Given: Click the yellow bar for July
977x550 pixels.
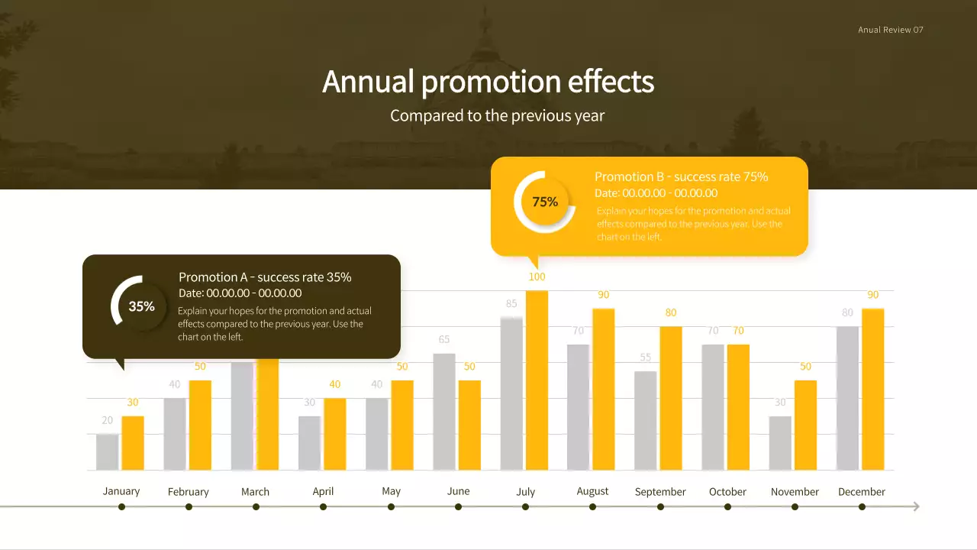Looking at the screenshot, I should click(x=537, y=380).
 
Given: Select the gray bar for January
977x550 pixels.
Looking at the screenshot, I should click(x=108, y=452).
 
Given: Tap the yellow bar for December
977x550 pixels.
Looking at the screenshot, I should click(x=872, y=390).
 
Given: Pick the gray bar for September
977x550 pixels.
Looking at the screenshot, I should click(x=646, y=421).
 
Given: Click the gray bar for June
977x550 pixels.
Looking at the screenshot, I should click(x=444, y=412).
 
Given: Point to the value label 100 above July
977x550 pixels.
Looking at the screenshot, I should click(x=537, y=277).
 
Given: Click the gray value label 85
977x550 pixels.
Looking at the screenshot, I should click(x=511, y=303).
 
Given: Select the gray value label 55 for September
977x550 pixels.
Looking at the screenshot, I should click(x=646, y=357).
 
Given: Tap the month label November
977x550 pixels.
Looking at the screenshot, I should click(x=795, y=492).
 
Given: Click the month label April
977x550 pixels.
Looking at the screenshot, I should click(x=323, y=491).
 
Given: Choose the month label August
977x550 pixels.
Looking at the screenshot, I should click(x=592, y=491).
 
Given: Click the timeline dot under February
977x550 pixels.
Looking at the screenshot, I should click(x=189, y=506).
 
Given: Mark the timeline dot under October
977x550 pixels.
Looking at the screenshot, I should click(x=727, y=506).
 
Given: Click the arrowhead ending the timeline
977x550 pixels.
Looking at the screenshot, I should click(x=915, y=506).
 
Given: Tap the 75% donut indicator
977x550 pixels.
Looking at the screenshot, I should click(x=545, y=202).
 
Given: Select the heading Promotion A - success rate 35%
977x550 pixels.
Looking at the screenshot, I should click(x=265, y=277).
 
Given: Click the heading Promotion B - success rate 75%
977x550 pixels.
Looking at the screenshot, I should click(x=681, y=176).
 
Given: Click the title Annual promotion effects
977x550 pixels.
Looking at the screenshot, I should click(x=488, y=81).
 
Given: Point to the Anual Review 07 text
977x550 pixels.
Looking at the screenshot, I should click(x=890, y=30).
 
